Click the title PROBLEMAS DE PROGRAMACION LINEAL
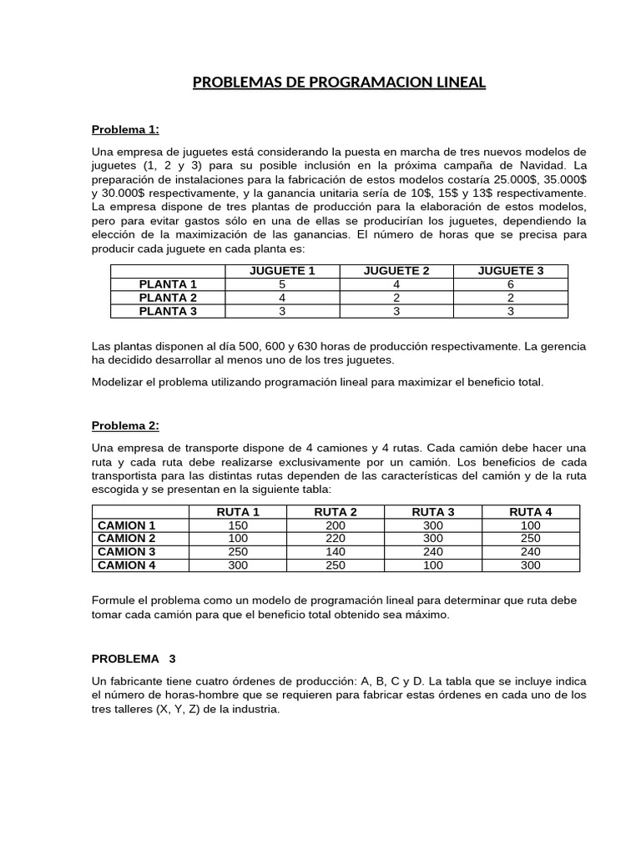(338, 83)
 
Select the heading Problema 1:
(124, 129)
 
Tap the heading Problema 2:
(124, 425)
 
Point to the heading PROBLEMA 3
(134, 658)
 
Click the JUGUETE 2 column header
(396, 271)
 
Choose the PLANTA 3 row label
(168, 311)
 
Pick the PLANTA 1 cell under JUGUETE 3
(510, 284)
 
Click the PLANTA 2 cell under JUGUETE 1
(282, 298)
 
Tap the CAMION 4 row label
(127, 565)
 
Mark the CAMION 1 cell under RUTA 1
(238, 525)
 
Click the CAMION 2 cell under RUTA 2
(335, 539)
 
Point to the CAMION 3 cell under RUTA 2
(335, 551)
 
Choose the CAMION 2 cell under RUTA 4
(530, 539)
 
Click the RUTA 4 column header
(530, 512)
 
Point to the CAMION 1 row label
(127, 525)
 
